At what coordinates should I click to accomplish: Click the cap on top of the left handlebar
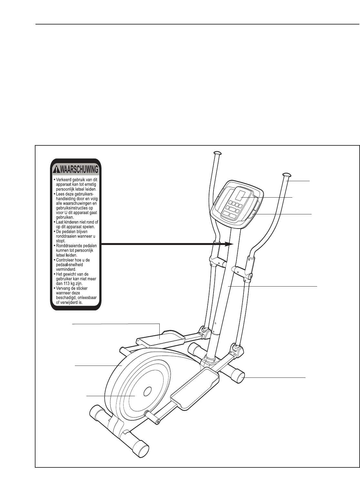[x=217, y=153]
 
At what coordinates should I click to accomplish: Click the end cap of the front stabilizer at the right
[x=239, y=377]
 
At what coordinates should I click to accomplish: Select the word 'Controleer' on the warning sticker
[x=65, y=262]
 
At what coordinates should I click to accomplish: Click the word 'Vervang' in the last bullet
[x=65, y=288]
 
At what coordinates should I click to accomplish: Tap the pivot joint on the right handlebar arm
[x=249, y=276]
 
